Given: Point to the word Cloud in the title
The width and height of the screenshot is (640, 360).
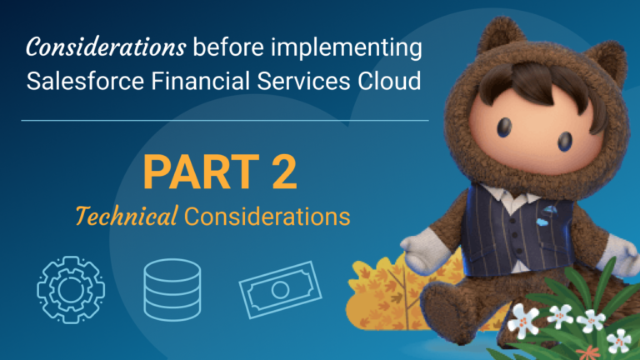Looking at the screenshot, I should [380, 83].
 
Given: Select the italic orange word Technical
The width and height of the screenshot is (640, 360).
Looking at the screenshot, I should [126, 217].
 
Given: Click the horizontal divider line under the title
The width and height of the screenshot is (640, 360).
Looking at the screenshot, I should [225, 120].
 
